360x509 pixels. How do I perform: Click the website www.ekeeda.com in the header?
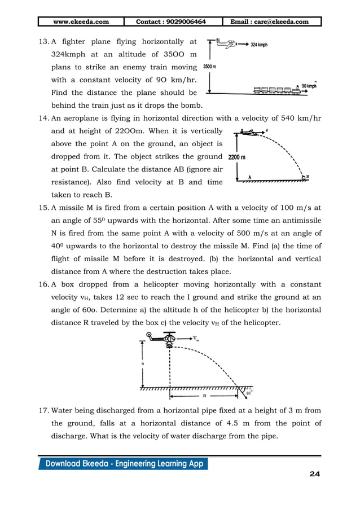point(81,22)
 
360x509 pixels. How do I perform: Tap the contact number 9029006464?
point(171,22)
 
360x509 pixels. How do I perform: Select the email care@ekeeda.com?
point(274,22)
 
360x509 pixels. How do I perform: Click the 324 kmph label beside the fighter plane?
point(264,43)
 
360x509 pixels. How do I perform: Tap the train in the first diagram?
point(276,91)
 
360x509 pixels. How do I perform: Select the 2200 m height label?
point(237,157)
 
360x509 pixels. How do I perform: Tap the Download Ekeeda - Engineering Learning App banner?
point(123,464)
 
